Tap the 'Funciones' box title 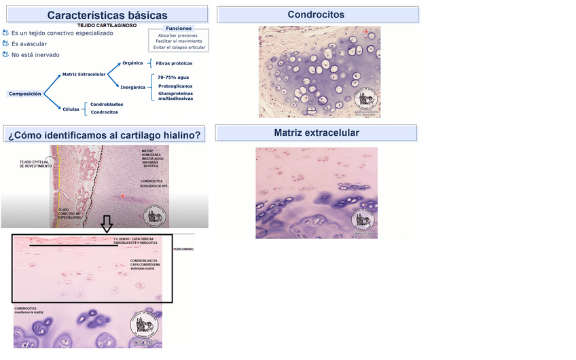(179, 29)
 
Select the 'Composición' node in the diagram (25, 94)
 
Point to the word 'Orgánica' (132, 62)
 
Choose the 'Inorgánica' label (133, 87)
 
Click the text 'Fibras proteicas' (174, 63)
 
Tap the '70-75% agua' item (173, 77)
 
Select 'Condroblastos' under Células (107, 104)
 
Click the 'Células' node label (71, 108)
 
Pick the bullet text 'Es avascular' (29, 43)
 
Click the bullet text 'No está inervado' (35, 54)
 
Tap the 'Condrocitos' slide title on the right (316, 14)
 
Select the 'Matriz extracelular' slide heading (317, 132)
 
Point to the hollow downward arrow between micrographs (107, 224)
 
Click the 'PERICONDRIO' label (183, 249)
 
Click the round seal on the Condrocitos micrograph (366, 101)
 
